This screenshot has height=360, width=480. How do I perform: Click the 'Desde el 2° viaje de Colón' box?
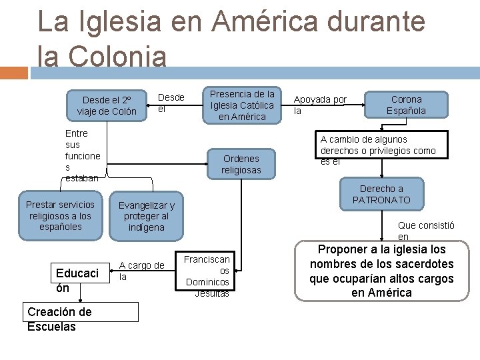pyautogui.click(x=107, y=105)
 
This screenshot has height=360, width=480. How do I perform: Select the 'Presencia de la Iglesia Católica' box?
pyautogui.click(x=243, y=105)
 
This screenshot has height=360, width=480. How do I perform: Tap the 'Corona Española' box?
pyautogui.click(x=407, y=105)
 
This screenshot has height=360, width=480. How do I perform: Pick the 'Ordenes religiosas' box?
pyautogui.click(x=242, y=164)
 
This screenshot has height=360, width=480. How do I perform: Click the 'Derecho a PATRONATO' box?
pyautogui.click(x=381, y=194)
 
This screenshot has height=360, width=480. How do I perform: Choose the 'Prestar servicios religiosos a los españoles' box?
pyautogui.click(x=60, y=216)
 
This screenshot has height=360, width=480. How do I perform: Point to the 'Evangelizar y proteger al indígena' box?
pyautogui.click(x=146, y=216)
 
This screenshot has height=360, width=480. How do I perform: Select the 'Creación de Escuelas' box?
pyautogui.click(x=81, y=319)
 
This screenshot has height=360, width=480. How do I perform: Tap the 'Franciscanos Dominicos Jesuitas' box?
pyautogui.click(x=207, y=276)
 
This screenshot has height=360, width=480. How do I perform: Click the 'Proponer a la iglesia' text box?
pyautogui.click(x=381, y=271)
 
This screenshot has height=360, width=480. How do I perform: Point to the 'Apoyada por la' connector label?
pyautogui.click(x=320, y=105)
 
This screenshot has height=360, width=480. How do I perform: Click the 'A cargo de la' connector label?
pyautogui.click(x=141, y=271)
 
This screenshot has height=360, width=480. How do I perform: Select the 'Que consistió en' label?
pyautogui.click(x=426, y=231)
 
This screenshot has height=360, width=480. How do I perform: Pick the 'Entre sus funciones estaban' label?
pyautogui.click(x=83, y=155)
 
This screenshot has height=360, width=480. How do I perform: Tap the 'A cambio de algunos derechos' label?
pyautogui.click(x=377, y=150)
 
